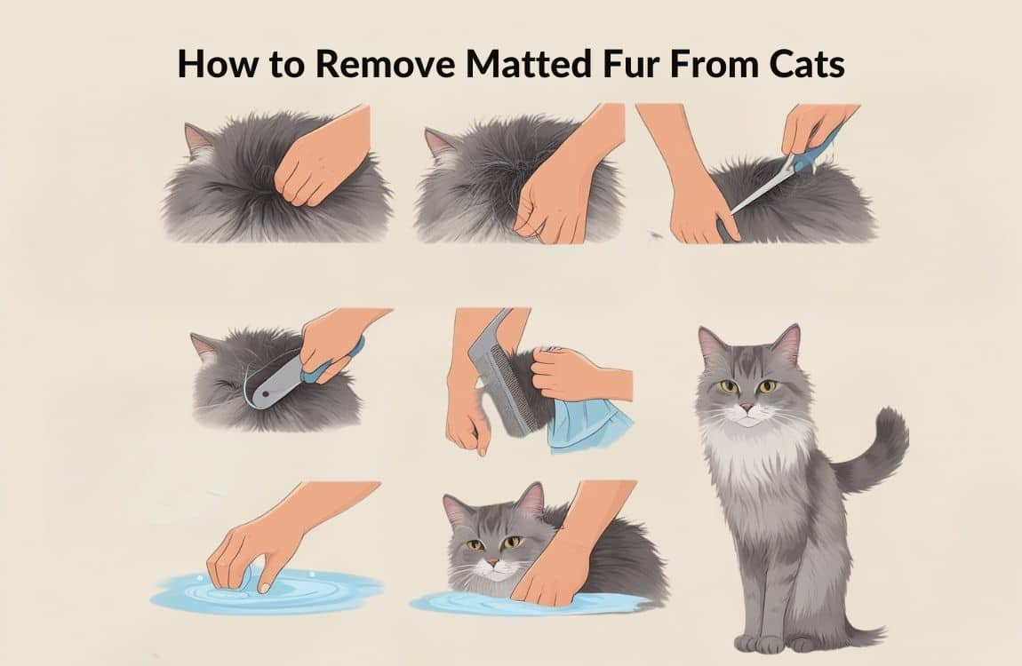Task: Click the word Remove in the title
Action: point(385,65)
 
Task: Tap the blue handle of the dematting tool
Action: point(332,365)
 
